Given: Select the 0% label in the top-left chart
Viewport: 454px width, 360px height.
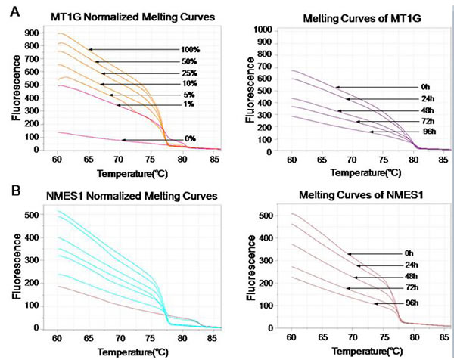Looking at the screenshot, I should point(191,139).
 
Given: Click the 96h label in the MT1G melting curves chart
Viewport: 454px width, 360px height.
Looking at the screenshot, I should point(413,132).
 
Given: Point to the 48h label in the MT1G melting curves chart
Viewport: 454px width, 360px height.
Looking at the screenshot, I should point(413,110).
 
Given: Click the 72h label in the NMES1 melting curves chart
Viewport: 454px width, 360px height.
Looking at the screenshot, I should point(409,288).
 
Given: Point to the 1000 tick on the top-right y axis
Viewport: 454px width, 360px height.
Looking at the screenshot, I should point(263,29).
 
